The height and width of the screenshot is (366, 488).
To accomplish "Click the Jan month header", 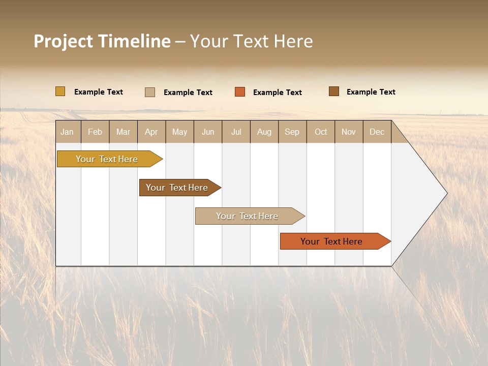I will point(68,132).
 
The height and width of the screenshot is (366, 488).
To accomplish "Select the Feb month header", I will point(95,132).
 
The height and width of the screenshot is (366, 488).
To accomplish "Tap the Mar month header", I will point(123,132).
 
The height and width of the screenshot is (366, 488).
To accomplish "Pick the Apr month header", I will point(151,132).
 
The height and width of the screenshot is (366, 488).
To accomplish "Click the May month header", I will point(179,132).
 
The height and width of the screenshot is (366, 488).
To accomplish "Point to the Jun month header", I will point(208,132).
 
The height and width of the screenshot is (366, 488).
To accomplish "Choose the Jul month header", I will point(236,132).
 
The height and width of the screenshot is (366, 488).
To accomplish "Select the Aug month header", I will point(264,132).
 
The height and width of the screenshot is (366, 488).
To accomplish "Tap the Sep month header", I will point(292,132).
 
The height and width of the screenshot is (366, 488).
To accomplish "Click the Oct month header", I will point(321,132).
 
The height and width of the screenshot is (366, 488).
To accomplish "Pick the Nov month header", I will point(349,132).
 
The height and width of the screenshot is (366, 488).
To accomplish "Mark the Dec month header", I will point(377,132).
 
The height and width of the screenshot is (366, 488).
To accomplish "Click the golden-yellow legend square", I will point(60,91).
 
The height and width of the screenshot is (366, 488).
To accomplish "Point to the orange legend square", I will point(240,92).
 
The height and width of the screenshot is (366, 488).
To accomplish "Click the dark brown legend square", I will point(334,91).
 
